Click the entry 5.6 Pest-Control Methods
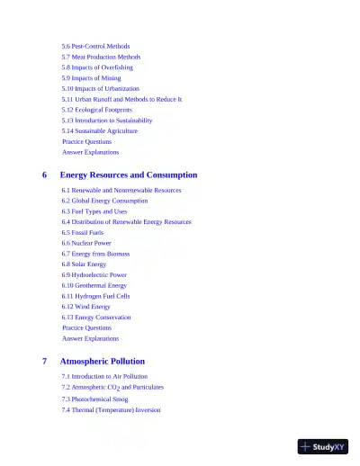95,46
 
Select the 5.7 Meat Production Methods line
101,57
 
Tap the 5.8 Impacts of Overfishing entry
97,67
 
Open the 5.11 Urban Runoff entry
121,99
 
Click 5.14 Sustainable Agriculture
100,130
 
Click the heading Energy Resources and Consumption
129,175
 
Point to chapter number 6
45,175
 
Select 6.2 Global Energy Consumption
104,201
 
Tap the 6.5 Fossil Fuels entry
83,232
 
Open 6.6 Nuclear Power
86,243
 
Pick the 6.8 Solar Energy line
84,264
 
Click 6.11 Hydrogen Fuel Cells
95,296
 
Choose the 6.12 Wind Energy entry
86,307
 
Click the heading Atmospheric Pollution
102,361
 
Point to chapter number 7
45,361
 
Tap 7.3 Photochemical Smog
94,399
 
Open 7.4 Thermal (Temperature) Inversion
111,409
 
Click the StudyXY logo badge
323,445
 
